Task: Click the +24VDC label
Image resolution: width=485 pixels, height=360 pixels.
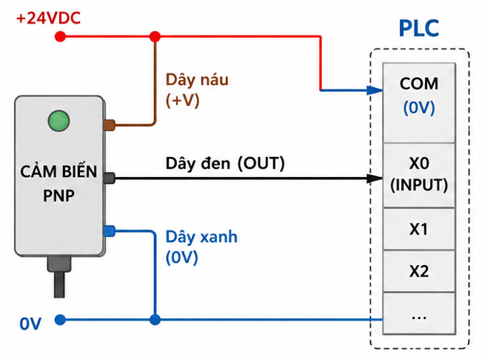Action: coord(48,18)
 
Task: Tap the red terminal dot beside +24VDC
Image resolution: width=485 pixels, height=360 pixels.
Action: coord(60,36)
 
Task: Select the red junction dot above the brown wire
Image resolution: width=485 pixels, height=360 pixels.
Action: coord(155,36)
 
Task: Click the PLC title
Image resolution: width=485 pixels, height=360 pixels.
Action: coord(419,28)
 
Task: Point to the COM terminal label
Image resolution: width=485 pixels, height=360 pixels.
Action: coord(419,84)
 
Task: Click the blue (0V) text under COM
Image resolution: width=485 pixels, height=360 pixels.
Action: coord(419,107)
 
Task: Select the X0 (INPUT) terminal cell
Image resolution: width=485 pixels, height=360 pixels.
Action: coord(419,176)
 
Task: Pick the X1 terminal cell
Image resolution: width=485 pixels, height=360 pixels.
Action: coord(419,229)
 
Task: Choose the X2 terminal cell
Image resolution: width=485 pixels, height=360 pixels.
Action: coord(419,271)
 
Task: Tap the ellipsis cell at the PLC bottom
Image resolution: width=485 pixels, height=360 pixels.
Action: coord(419,313)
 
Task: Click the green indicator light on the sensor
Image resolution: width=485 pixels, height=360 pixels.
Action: coord(58,121)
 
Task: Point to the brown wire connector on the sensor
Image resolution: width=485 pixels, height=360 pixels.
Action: coord(109,125)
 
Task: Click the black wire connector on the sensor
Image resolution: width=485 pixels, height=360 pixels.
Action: coord(109,179)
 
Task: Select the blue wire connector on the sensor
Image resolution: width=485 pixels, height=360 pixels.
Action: coord(109,231)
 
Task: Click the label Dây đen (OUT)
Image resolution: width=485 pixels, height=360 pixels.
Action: coord(225,163)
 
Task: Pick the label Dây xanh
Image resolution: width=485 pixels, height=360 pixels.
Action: coord(201,237)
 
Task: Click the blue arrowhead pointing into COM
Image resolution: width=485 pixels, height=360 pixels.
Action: coord(375,90)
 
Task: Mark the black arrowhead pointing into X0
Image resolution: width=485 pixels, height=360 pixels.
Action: coord(375,179)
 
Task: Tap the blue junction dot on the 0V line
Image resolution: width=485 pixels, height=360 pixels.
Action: coord(155,319)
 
